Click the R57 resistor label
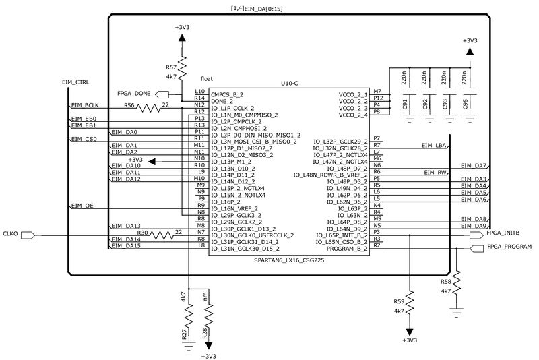(x=171, y=68)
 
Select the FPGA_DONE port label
(x=133, y=93)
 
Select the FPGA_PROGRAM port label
(x=509, y=247)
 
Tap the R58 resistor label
(x=445, y=281)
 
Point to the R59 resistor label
(x=399, y=301)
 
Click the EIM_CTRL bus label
(x=75, y=82)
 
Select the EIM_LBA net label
(x=434, y=145)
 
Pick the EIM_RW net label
(x=437, y=172)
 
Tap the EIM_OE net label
(x=82, y=205)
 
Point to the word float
(x=207, y=79)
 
